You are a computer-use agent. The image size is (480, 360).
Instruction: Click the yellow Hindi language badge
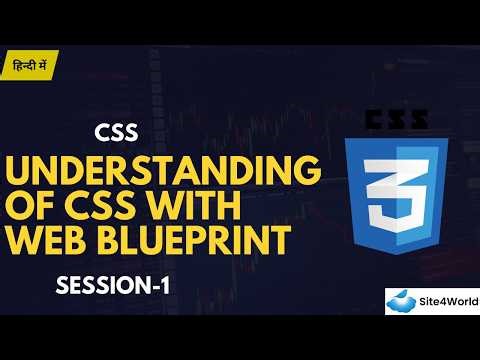tap(29, 64)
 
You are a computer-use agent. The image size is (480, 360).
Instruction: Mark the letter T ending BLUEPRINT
tap(283, 242)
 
